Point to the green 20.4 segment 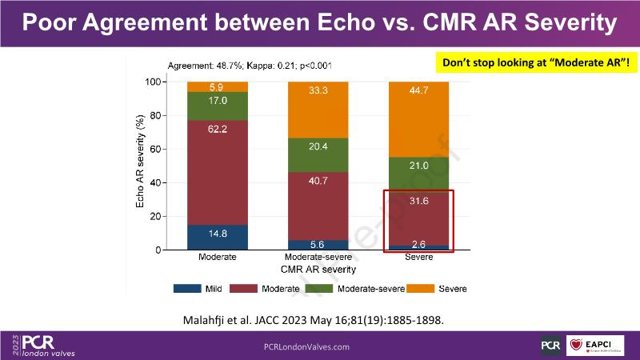(x=318, y=169)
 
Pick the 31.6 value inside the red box (x=418, y=201)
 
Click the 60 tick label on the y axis (x=157, y=149)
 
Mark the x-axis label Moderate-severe (x=318, y=258)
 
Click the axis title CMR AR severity (x=317, y=270)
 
